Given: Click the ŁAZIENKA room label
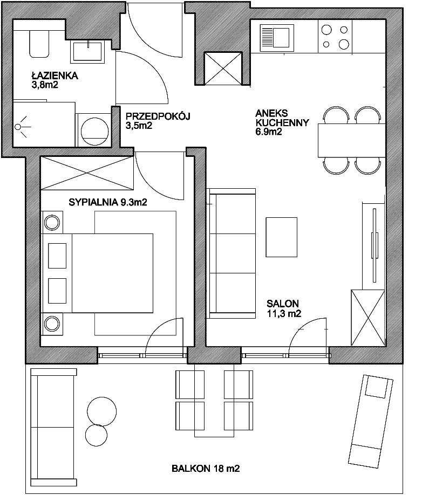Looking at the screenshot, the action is click(55, 76).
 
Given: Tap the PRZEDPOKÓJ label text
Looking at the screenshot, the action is click(158, 116).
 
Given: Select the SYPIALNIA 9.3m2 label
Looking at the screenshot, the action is click(108, 202).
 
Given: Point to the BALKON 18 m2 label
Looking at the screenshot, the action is click(206, 468).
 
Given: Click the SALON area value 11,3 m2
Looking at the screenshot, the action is click(284, 313).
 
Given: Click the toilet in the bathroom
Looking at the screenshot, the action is click(39, 44).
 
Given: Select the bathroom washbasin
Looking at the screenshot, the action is click(87, 51).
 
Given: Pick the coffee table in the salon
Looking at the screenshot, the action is click(282, 237).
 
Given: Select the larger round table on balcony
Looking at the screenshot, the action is click(102, 411).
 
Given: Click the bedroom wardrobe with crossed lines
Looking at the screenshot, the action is click(87, 173).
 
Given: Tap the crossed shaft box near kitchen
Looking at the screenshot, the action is click(223, 68).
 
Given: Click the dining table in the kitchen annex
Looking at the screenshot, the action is click(352, 141).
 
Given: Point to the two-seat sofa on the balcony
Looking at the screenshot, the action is click(54, 428).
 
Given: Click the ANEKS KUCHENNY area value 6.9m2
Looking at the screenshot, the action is click(269, 132).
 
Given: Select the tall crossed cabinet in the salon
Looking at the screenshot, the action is click(368, 317).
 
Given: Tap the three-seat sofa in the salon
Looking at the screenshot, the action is click(231, 253).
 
